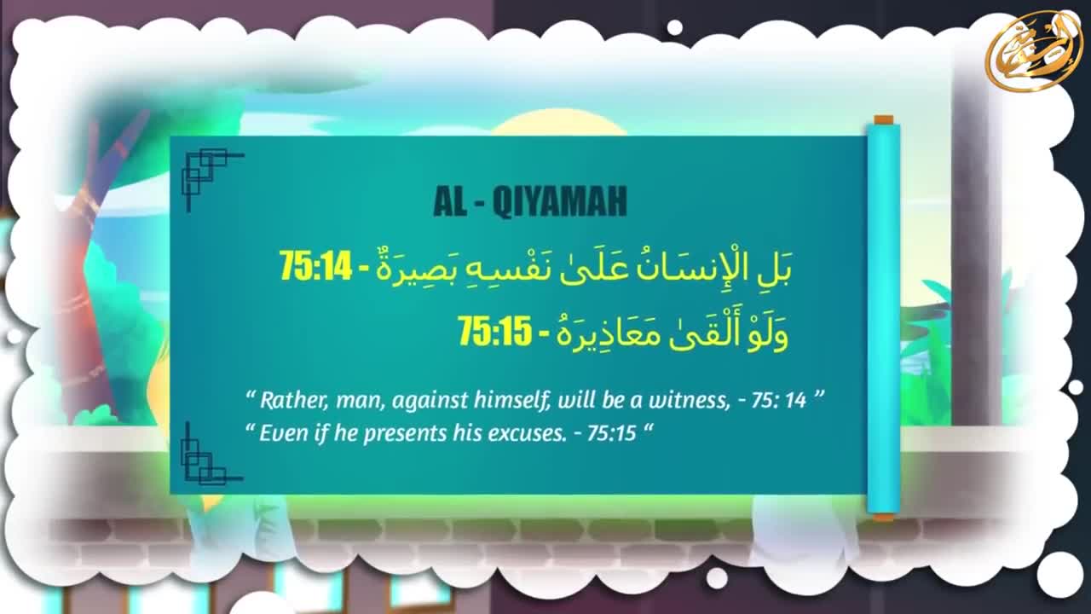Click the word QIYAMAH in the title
[559, 201]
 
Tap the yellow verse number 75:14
[315, 265]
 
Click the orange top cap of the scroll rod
[884, 120]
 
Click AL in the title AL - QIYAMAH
[449, 201]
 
